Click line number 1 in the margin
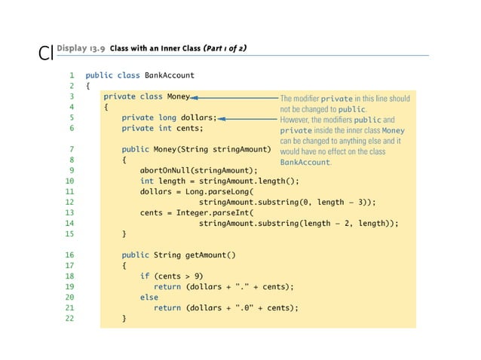coord(71,75)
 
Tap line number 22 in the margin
coord(69,319)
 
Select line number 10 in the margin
coord(69,181)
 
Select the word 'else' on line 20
coord(149,297)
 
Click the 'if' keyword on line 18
coord(144,276)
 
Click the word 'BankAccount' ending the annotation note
coord(305,162)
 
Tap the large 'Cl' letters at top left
coord(44,54)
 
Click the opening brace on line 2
coord(87,86)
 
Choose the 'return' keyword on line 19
coord(167,287)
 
